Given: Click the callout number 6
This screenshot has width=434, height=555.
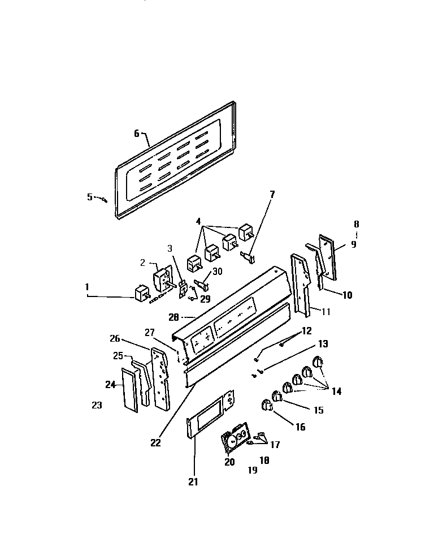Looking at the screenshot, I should point(136,134).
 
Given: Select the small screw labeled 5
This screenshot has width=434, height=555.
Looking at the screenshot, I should point(104,198).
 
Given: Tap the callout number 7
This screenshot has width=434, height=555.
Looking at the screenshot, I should point(272,194).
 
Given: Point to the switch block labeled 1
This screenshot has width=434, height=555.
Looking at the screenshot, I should point(140,294).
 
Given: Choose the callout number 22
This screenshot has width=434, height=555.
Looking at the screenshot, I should point(155,443).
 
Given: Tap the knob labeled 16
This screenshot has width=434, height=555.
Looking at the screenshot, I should point(266,405).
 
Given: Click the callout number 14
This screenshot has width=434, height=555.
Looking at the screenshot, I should point(336,390).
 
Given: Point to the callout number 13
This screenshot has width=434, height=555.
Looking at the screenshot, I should point(322,343).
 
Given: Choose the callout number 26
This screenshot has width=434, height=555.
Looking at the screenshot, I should point(115,339).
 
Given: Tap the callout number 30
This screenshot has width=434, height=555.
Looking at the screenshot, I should point(218,272).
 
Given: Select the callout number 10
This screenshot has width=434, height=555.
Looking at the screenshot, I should point(347,294).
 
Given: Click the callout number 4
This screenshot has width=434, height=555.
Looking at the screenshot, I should point(198,221).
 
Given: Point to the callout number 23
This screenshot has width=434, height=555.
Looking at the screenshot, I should point(97,405).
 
